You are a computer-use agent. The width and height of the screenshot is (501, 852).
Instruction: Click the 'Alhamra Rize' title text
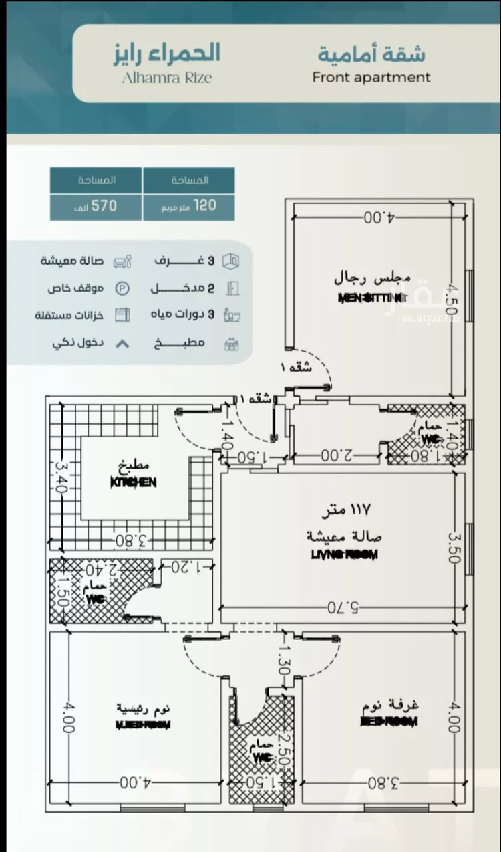point(166,77)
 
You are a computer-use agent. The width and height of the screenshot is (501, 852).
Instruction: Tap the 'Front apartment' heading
point(371,77)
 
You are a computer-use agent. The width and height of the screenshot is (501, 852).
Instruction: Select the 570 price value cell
point(96,206)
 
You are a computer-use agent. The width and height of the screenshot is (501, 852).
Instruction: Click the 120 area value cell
point(188,206)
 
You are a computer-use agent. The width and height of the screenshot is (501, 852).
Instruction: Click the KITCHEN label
point(134,482)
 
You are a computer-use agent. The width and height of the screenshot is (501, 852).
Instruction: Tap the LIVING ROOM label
point(345,554)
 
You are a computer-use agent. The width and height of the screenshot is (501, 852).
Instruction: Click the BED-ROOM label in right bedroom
point(389,722)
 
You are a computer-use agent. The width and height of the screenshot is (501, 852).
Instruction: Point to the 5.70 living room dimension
point(342,607)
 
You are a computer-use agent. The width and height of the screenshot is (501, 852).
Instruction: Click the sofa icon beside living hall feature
point(122,261)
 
